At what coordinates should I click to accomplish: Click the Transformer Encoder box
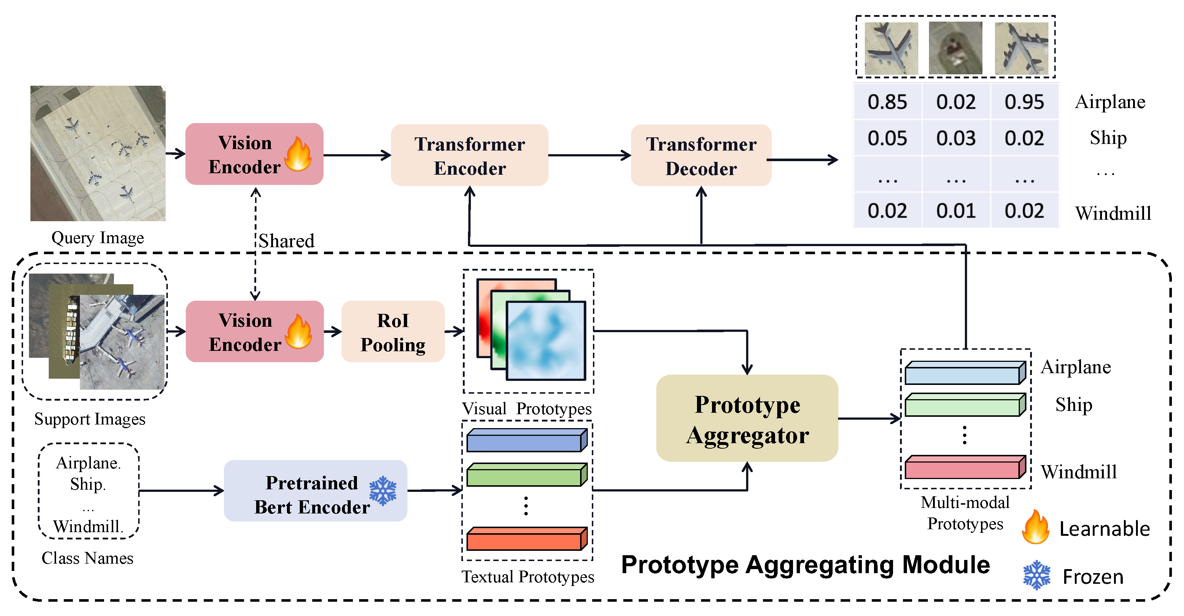469,155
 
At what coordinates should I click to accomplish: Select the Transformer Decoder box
701,155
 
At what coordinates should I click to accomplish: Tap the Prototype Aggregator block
747,419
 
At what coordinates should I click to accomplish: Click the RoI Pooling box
393,332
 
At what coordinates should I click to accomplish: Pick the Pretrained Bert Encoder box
315,491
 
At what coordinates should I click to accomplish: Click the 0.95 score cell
1024,101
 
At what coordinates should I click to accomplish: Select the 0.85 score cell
887,101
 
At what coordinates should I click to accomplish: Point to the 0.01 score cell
956,211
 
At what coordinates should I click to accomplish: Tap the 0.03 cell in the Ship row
956,138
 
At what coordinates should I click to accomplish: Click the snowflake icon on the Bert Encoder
383,491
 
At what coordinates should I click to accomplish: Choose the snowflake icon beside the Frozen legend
1036,575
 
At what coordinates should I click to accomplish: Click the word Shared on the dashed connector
286,241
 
